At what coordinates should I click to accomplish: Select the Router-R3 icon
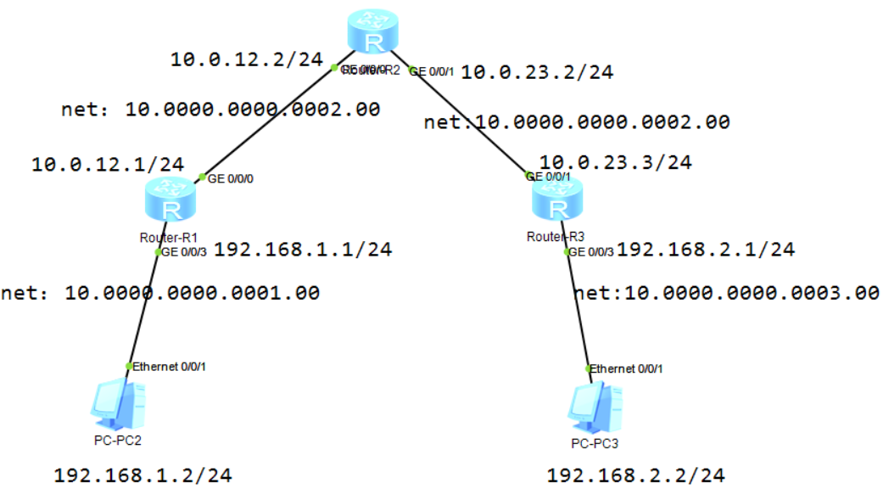(557, 202)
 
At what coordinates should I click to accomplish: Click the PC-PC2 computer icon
(117, 405)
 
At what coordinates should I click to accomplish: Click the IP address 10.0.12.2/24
(246, 59)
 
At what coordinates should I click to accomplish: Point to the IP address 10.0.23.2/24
(537, 73)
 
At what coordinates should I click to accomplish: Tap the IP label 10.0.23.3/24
(615, 161)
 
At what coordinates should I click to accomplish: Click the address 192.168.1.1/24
(303, 250)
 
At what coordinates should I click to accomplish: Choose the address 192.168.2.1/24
(706, 250)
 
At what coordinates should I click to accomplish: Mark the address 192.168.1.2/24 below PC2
(143, 475)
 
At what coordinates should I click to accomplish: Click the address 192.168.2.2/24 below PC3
(636, 475)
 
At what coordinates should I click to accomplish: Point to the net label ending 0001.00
(160, 294)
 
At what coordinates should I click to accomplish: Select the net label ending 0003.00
(726, 294)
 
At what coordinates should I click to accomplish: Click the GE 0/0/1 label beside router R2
(434, 73)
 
